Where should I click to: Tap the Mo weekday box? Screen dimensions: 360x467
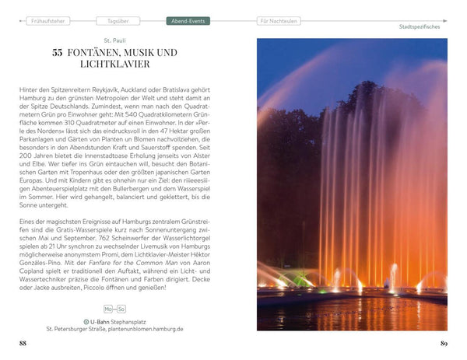[x=109, y=308]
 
